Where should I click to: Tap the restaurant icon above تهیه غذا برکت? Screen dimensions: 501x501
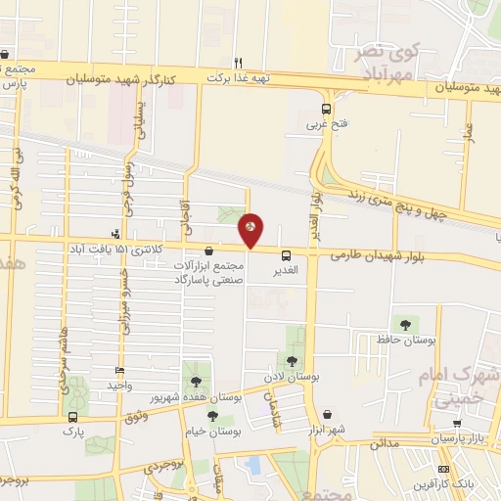(x=238, y=61)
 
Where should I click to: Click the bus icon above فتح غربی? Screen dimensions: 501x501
(x=326, y=110)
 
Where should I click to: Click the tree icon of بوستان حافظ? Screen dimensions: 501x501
(x=403, y=323)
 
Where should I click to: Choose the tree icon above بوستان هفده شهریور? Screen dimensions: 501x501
(x=197, y=381)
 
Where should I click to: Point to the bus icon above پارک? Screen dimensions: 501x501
(x=70, y=416)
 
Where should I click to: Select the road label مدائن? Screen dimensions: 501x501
(x=387, y=442)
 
